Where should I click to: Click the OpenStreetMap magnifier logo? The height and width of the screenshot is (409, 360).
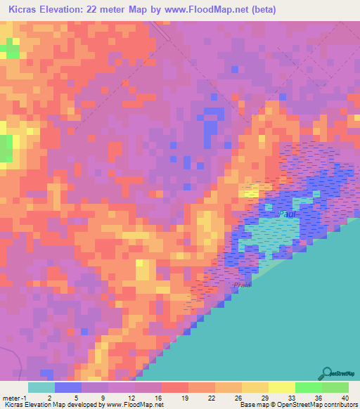point(328,373)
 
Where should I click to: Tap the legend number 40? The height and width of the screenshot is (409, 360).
point(344,397)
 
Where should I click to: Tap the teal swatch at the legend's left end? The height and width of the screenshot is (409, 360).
point(41,387)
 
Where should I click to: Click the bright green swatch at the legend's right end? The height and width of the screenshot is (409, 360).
point(335,387)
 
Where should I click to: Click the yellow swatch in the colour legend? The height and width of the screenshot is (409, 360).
point(281,387)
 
